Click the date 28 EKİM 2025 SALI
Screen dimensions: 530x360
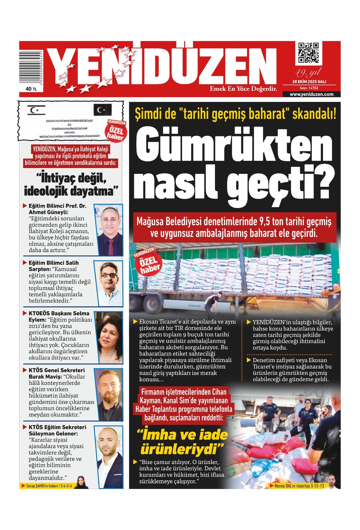pyautogui.click(x=309, y=82)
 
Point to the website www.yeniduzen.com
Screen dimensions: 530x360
pyautogui.click(x=311, y=94)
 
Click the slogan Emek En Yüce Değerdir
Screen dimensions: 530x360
pyautogui.click(x=243, y=89)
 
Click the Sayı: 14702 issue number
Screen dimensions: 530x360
pyautogui.click(x=309, y=88)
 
